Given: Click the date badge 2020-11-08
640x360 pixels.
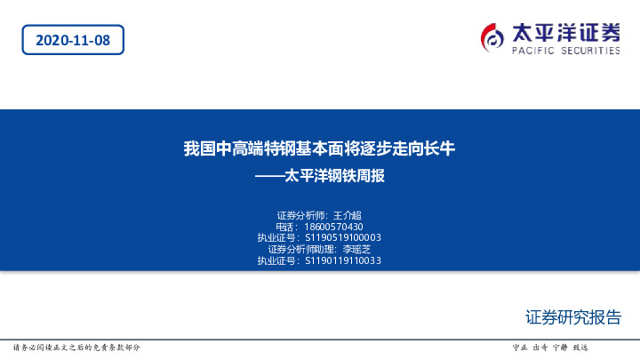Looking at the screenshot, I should [x=73, y=39].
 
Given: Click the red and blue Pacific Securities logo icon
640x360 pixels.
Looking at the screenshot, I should [x=492, y=37].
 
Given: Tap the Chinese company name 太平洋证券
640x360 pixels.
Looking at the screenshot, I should [x=565, y=32].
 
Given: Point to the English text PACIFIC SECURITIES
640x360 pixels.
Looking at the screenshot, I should [x=565, y=52].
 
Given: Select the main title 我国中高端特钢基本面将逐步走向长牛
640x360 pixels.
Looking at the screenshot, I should [x=319, y=148].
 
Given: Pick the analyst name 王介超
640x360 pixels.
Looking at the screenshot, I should [x=347, y=215].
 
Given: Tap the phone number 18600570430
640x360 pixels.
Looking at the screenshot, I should [x=333, y=227].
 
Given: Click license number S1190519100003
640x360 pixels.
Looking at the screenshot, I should [x=343, y=238].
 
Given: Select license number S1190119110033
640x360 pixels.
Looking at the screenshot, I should [x=343, y=261].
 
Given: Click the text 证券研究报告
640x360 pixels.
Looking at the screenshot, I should [x=573, y=318].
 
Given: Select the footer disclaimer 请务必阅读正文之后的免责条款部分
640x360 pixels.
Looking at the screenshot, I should [x=76, y=347].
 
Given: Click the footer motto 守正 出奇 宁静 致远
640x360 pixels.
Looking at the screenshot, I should [x=551, y=347].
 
